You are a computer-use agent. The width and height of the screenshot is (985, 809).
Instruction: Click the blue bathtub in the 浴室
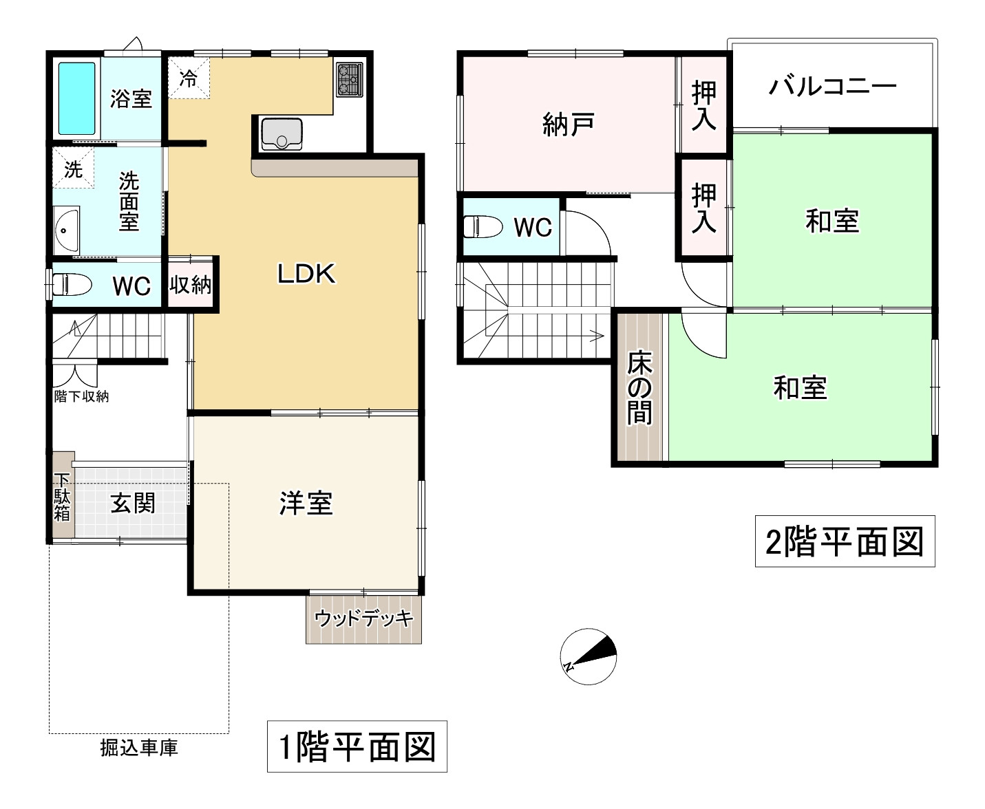(x=76, y=98)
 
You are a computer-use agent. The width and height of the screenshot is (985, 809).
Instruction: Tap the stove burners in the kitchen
(x=349, y=79)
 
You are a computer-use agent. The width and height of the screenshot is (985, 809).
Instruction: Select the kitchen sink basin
(x=281, y=133)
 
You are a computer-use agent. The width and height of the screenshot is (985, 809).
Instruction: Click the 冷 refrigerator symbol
(x=188, y=78)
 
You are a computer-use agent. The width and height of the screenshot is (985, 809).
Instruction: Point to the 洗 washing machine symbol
(x=73, y=169)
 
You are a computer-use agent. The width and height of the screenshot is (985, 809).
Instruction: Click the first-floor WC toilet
(x=72, y=283)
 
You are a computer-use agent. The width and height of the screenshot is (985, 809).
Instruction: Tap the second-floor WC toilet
(x=483, y=226)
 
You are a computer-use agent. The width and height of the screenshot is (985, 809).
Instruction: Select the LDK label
(x=306, y=274)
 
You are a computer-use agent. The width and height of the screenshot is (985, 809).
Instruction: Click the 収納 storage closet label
(x=191, y=284)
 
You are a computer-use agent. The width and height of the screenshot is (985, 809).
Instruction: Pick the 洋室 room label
(x=306, y=504)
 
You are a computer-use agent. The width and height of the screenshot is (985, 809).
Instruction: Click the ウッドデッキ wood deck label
(x=363, y=618)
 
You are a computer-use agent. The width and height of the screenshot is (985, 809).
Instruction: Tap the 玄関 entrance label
(x=133, y=504)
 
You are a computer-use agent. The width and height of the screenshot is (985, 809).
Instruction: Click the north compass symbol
(x=589, y=656)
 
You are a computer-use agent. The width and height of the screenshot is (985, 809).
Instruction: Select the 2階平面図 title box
(x=845, y=541)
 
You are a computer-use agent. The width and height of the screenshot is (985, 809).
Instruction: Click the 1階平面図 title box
(x=357, y=746)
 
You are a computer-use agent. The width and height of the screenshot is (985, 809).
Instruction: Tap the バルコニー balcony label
(x=832, y=87)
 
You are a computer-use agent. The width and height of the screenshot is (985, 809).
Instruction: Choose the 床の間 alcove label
(x=639, y=389)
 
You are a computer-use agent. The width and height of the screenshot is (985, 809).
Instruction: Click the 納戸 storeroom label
(x=568, y=125)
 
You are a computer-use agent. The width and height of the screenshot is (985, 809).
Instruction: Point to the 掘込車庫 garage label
(x=139, y=748)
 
